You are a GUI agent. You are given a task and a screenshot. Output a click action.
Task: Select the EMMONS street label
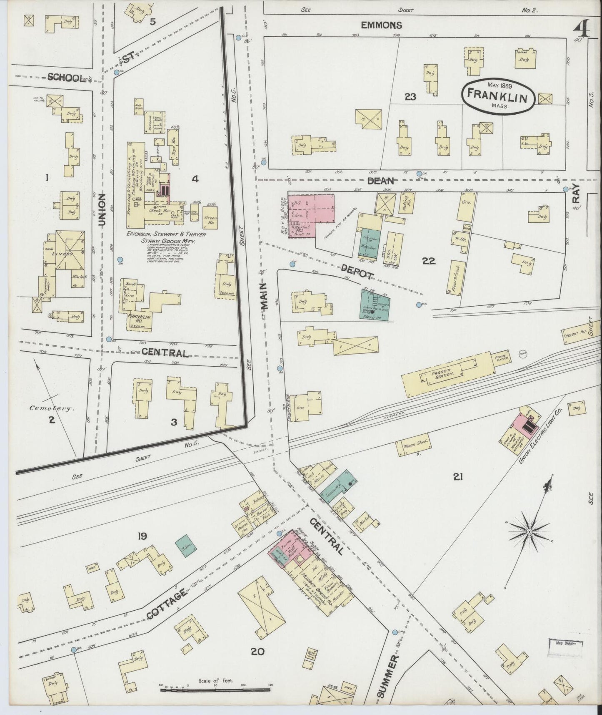click(381, 25)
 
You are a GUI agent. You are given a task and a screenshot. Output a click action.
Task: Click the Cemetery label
click(52, 409)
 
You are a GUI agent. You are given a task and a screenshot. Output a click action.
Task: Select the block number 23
click(410, 97)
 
